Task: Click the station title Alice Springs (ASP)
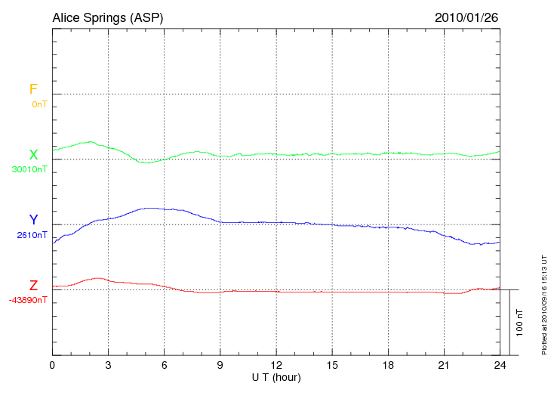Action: tap(107, 17)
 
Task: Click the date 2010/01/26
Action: tap(466, 17)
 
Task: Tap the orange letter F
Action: tap(33, 89)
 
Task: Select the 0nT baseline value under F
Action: tap(39, 104)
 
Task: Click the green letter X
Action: tap(33, 155)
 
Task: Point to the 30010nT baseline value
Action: tap(29, 169)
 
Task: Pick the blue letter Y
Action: tap(33, 220)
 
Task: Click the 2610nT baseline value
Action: tap(32, 235)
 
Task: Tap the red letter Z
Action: tap(33, 286)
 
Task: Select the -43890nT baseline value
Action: tap(29, 300)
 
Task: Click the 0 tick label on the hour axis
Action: tap(52, 365)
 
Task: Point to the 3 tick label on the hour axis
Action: tap(108, 365)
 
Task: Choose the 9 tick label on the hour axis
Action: tap(220, 365)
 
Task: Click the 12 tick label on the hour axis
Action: tap(275, 365)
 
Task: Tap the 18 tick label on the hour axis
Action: tap(387, 365)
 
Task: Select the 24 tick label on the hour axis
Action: tap(499, 365)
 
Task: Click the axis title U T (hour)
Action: tap(275, 377)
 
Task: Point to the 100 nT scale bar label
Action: tap(520, 323)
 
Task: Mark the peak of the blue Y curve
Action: tap(151, 208)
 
